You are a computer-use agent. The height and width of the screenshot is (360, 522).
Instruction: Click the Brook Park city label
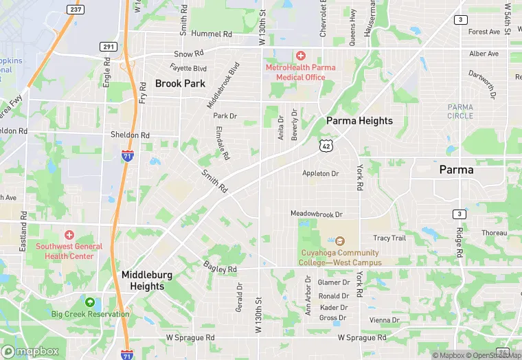click(x=180, y=83)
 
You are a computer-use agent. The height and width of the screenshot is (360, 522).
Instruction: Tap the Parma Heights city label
click(x=359, y=121)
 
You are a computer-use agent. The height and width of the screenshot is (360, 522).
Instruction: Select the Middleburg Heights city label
click(x=147, y=280)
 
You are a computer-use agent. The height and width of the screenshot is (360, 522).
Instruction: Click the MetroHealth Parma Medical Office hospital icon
click(x=300, y=55)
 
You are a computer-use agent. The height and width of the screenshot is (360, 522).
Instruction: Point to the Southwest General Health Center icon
click(x=69, y=236)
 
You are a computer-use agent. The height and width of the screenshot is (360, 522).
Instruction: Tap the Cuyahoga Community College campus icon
click(x=340, y=241)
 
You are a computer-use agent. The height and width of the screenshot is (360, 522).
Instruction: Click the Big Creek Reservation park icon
click(x=90, y=302)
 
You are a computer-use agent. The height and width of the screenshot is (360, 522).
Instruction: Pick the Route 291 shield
click(x=108, y=47)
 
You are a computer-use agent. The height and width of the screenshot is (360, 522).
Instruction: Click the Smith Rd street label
click(x=214, y=181)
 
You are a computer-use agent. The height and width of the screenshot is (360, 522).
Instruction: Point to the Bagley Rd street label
click(x=220, y=267)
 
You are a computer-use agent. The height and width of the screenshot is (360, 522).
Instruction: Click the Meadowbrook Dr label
click(x=316, y=214)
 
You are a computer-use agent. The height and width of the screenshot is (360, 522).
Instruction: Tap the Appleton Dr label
click(x=321, y=174)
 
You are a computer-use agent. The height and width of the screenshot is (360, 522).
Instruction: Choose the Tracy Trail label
click(x=389, y=238)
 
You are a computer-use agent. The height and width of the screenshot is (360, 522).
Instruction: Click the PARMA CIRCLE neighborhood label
click(x=460, y=111)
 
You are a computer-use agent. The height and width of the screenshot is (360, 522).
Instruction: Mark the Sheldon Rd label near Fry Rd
click(x=130, y=135)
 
